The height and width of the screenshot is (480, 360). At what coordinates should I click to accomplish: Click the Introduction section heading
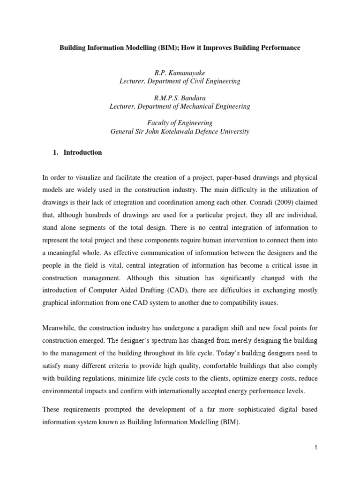point(82,152)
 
